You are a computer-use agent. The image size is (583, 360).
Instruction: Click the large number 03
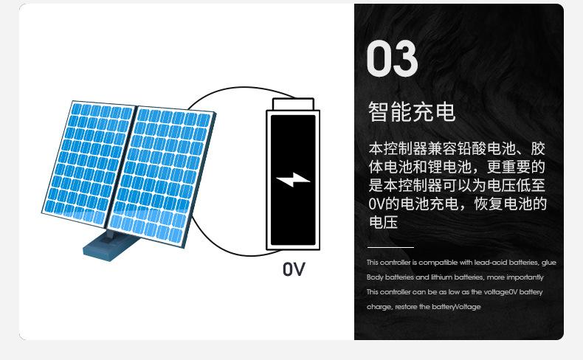tap(393, 60)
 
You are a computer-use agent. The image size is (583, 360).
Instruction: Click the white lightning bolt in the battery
tap(293, 179)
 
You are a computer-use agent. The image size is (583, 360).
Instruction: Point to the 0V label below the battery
tap(294, 269)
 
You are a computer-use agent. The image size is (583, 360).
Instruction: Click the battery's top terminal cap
tap(293, 103)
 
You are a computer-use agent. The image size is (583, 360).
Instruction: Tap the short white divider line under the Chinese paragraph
tap(390, 247)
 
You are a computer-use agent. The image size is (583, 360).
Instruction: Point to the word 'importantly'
tap(527, 277)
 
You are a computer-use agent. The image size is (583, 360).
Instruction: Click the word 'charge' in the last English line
tap(379, 307)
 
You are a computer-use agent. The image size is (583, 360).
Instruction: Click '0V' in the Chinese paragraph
tap(374, 204)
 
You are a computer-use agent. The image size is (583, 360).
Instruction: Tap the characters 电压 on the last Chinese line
tap(383, 222)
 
